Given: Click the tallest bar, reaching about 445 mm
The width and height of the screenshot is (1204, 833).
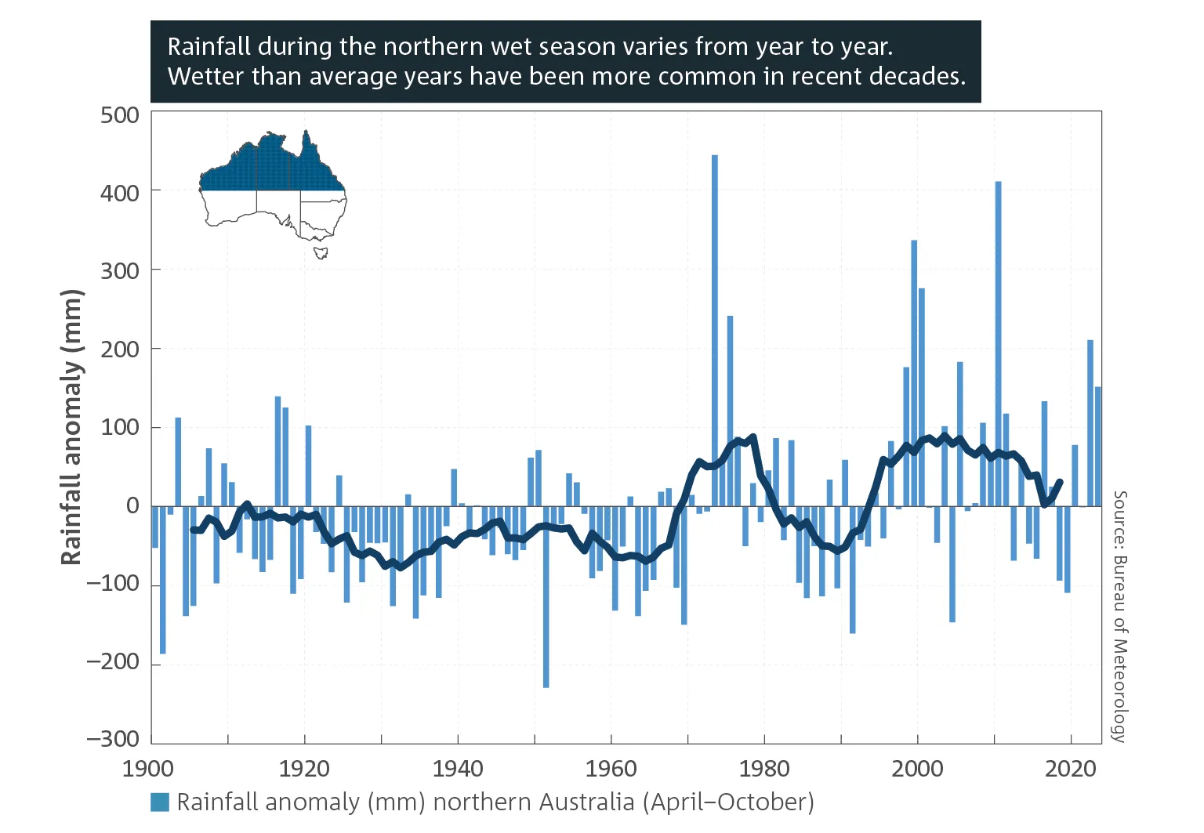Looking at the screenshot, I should pos(714,329).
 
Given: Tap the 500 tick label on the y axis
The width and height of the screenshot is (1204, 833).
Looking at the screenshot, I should pos(120,115).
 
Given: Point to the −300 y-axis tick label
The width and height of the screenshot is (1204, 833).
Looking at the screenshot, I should pos(113,739).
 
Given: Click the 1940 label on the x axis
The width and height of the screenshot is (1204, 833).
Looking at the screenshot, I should pos(458,769).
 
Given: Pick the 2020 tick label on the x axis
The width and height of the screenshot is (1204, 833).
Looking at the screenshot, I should pos(1071,769).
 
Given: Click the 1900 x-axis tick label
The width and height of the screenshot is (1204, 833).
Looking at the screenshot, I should pos(148,769).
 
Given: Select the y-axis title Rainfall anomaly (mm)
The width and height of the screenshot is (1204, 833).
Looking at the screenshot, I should pos(71,427).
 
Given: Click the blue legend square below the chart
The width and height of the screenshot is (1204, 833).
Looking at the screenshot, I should pos(160,802).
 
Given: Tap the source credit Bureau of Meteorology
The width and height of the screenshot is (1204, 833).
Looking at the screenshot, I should pos(1120,616).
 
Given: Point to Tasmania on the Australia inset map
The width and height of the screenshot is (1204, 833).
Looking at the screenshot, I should pos(321,253).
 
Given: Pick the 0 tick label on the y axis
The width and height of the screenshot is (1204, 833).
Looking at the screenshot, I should pos(133,506).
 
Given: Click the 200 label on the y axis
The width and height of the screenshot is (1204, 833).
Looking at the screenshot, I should pos(120,349).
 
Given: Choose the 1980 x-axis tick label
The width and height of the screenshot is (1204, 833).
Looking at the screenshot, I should pos(764,769).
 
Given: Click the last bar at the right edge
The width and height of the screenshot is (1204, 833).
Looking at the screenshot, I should pos(1097,447).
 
